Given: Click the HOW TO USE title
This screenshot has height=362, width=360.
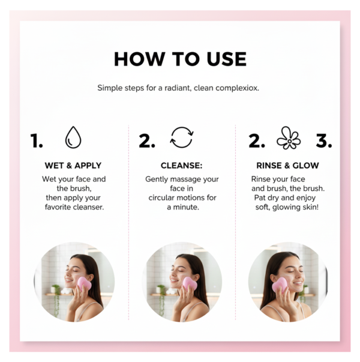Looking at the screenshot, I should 180,59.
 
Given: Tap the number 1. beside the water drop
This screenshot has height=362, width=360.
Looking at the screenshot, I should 37,141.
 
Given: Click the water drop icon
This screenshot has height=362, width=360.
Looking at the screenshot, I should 73,137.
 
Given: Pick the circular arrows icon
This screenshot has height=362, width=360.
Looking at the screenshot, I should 181,137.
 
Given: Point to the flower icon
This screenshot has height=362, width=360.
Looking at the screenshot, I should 289,138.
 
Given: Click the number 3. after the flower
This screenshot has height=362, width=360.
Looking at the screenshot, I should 324,141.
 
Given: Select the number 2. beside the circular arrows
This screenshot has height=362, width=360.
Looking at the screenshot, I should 146,141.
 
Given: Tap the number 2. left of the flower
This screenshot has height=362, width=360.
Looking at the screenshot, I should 257,141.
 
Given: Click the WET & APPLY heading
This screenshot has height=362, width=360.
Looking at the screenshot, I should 73,166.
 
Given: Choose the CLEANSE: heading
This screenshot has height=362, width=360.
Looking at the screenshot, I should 182,166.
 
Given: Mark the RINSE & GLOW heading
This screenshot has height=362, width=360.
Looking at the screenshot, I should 287,166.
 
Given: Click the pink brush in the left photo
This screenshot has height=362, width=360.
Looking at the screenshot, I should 84,283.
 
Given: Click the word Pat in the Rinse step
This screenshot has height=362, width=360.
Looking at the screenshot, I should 260,198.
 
